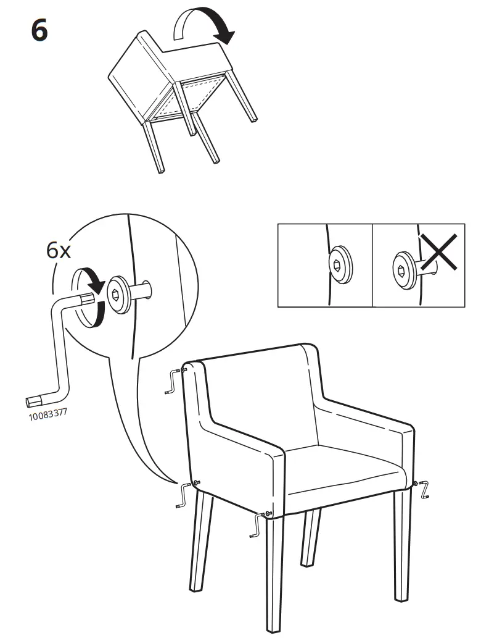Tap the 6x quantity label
(59, 250)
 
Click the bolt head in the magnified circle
(118, 294)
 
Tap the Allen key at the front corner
(258, 525)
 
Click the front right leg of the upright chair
(402, 544)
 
